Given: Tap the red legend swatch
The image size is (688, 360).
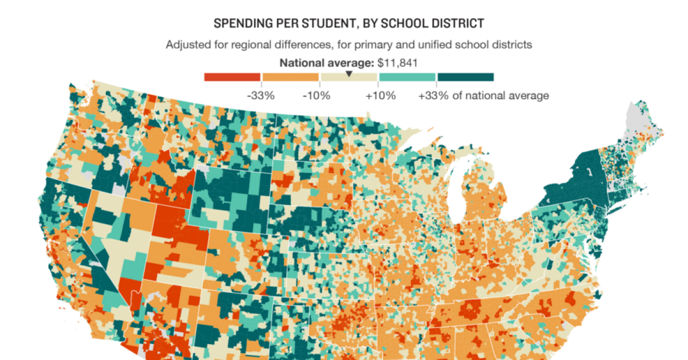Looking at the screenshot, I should click(x=232, y=77).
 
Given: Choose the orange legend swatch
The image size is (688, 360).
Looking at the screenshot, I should click(x=291, y=77).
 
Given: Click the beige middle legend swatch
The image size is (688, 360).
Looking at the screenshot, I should click(x=349, y=77).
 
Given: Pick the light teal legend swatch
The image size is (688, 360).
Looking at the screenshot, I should click(x=407, y=77).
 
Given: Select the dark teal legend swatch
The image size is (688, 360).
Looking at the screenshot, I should click(x=465, y=77).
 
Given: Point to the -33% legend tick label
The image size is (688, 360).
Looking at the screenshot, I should click(x=260, y=96).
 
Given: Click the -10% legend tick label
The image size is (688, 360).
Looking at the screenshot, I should click(x=316, y=96).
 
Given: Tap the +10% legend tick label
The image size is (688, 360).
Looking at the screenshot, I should click(x=380, y=96).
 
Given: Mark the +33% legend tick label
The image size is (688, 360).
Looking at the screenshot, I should click(x=433, y=96).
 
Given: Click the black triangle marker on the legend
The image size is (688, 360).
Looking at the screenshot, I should click(x=349, y=74).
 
